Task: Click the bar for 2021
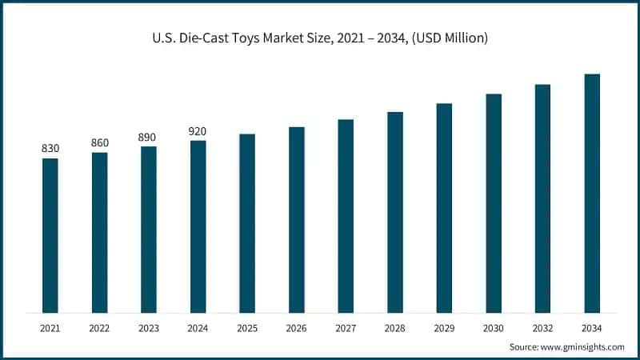pyautogui.click(x=50, y=235)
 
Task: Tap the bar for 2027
pyautogui.click(x=346, y=216)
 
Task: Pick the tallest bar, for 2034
pyautogui.click(x=592, y=193)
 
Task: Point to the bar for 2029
pyautogui.click(x=444, y=208)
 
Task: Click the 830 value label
pyautogui.click(x=50, y=149)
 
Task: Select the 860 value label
pyautogui.click(x=100, y=142)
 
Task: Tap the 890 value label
pyautogui.click(x=149, y=137)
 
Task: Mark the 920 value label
pyautogui.click(x=198, y=131)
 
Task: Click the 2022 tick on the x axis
pyautogui.click(x=100, y=328)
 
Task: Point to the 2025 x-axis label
pyautogui.click(x=247, y=328)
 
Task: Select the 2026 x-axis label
pyautogui.click(x=297, y=328)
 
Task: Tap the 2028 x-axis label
pyautogui.click(x=395, y=328)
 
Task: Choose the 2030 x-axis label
pyautogui.click(x=494, y=328)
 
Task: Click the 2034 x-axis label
pyautogui.click(x=592, y=328)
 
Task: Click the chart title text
pyautogui.click(x=320, y=38)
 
